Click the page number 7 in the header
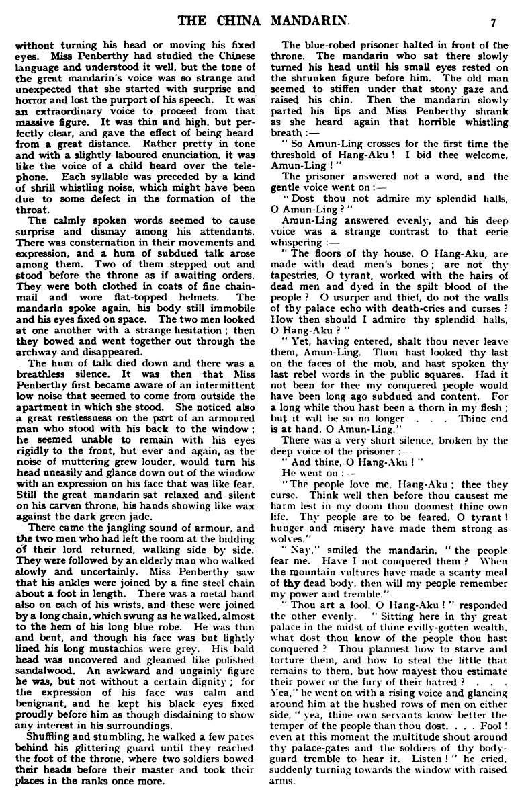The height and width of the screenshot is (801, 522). [x=492, y=22]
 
